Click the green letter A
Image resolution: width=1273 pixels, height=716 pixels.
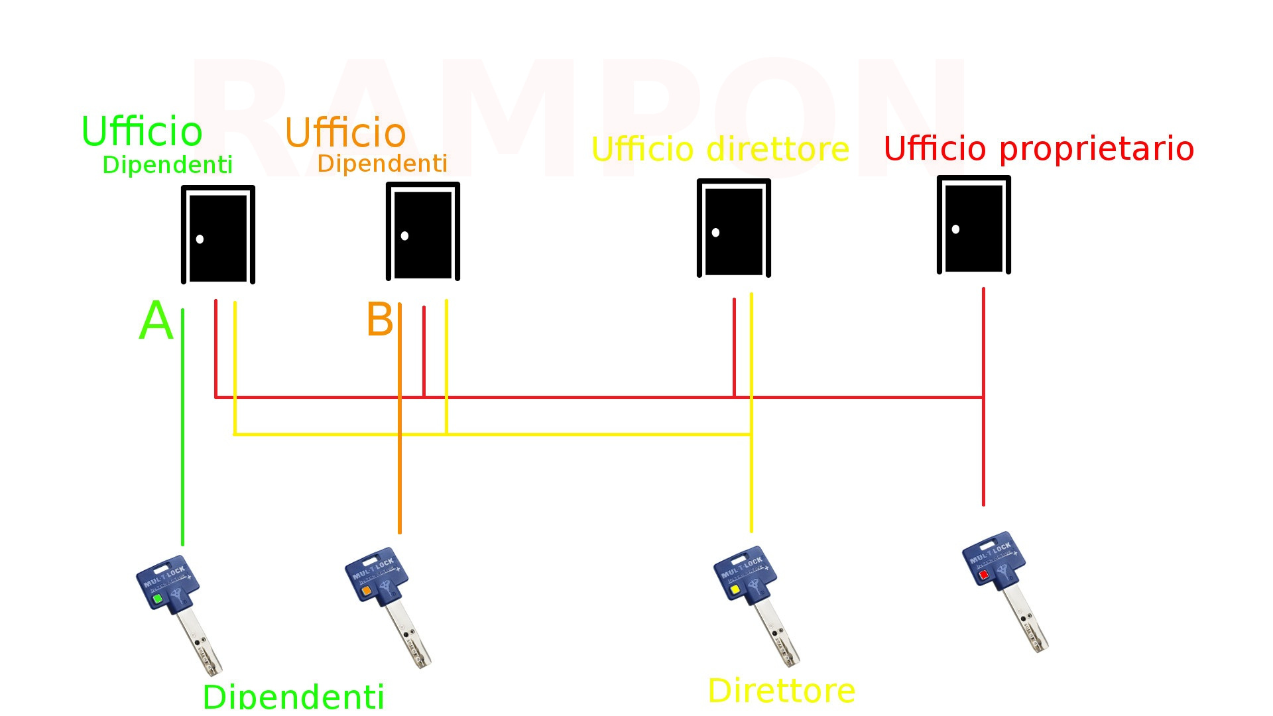click(156, 321)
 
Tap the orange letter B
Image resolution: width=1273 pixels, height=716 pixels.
click(380, 320)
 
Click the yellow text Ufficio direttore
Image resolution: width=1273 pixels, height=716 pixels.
click(720, 149)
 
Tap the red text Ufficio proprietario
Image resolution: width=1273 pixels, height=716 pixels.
click(1039, 149)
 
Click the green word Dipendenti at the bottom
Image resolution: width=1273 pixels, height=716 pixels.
click(293, 696)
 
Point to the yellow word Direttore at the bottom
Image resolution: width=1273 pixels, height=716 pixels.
click(781, 691)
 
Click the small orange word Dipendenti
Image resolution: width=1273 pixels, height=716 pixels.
click(383, 163)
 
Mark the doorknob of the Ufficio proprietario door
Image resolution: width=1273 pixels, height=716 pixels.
click(955, 229)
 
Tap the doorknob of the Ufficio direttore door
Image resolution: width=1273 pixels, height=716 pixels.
click(715, 233)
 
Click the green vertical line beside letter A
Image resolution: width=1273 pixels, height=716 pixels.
click(183, 431)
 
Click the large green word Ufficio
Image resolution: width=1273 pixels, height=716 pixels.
click(142, 131)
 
